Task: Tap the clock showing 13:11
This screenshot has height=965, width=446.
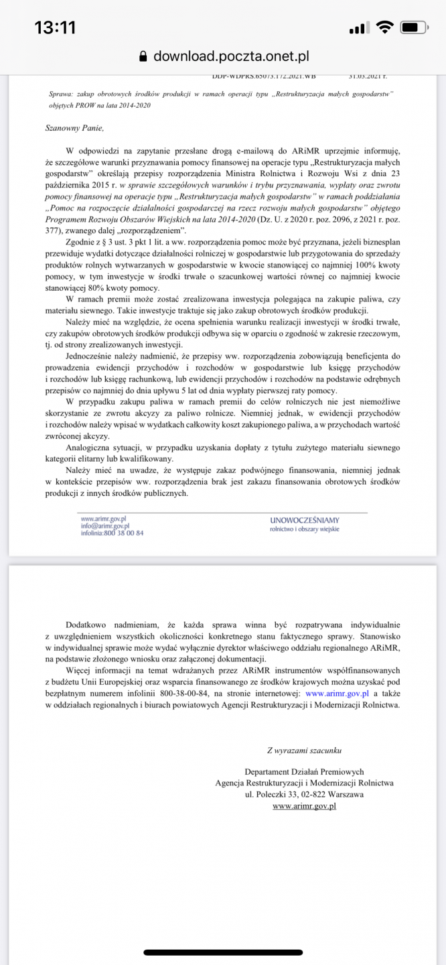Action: [55, 27]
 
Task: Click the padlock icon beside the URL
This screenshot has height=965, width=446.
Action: [142, 56]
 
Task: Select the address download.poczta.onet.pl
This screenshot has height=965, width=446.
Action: [231, 56]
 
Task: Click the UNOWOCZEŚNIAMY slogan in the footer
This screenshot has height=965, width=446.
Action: [305, 519]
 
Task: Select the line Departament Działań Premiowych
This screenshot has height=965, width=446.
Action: [304, 772]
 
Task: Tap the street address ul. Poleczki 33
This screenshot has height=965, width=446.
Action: [279, 794]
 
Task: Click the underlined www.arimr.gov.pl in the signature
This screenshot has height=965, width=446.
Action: [304, 806]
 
